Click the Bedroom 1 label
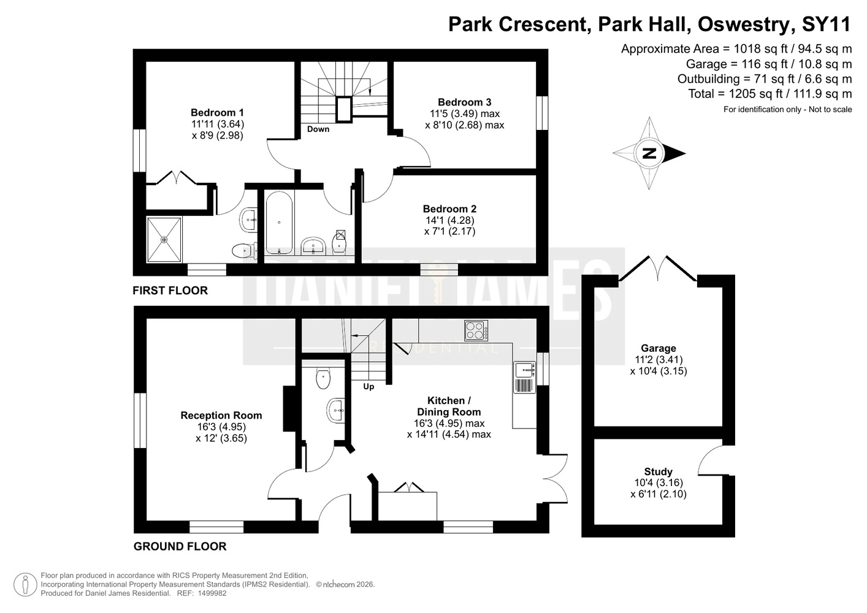[217, 113]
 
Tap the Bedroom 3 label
[465, 102]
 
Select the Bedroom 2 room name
[449, 209]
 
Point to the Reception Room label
[221, 415]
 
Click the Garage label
[658, 348]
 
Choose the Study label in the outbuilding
[658, 472]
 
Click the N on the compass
[649, 153]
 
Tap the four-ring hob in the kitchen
[476, 330]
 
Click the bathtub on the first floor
[278, 223]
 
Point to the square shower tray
[164, 240]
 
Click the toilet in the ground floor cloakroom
[323, 378]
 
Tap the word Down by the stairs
[318, 129]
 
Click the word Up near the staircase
[369, 387]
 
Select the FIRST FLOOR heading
[170, 291]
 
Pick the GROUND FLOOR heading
[180, 546]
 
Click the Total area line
[770, 94]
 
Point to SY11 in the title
[827, 25]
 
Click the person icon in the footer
[25, 584]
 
